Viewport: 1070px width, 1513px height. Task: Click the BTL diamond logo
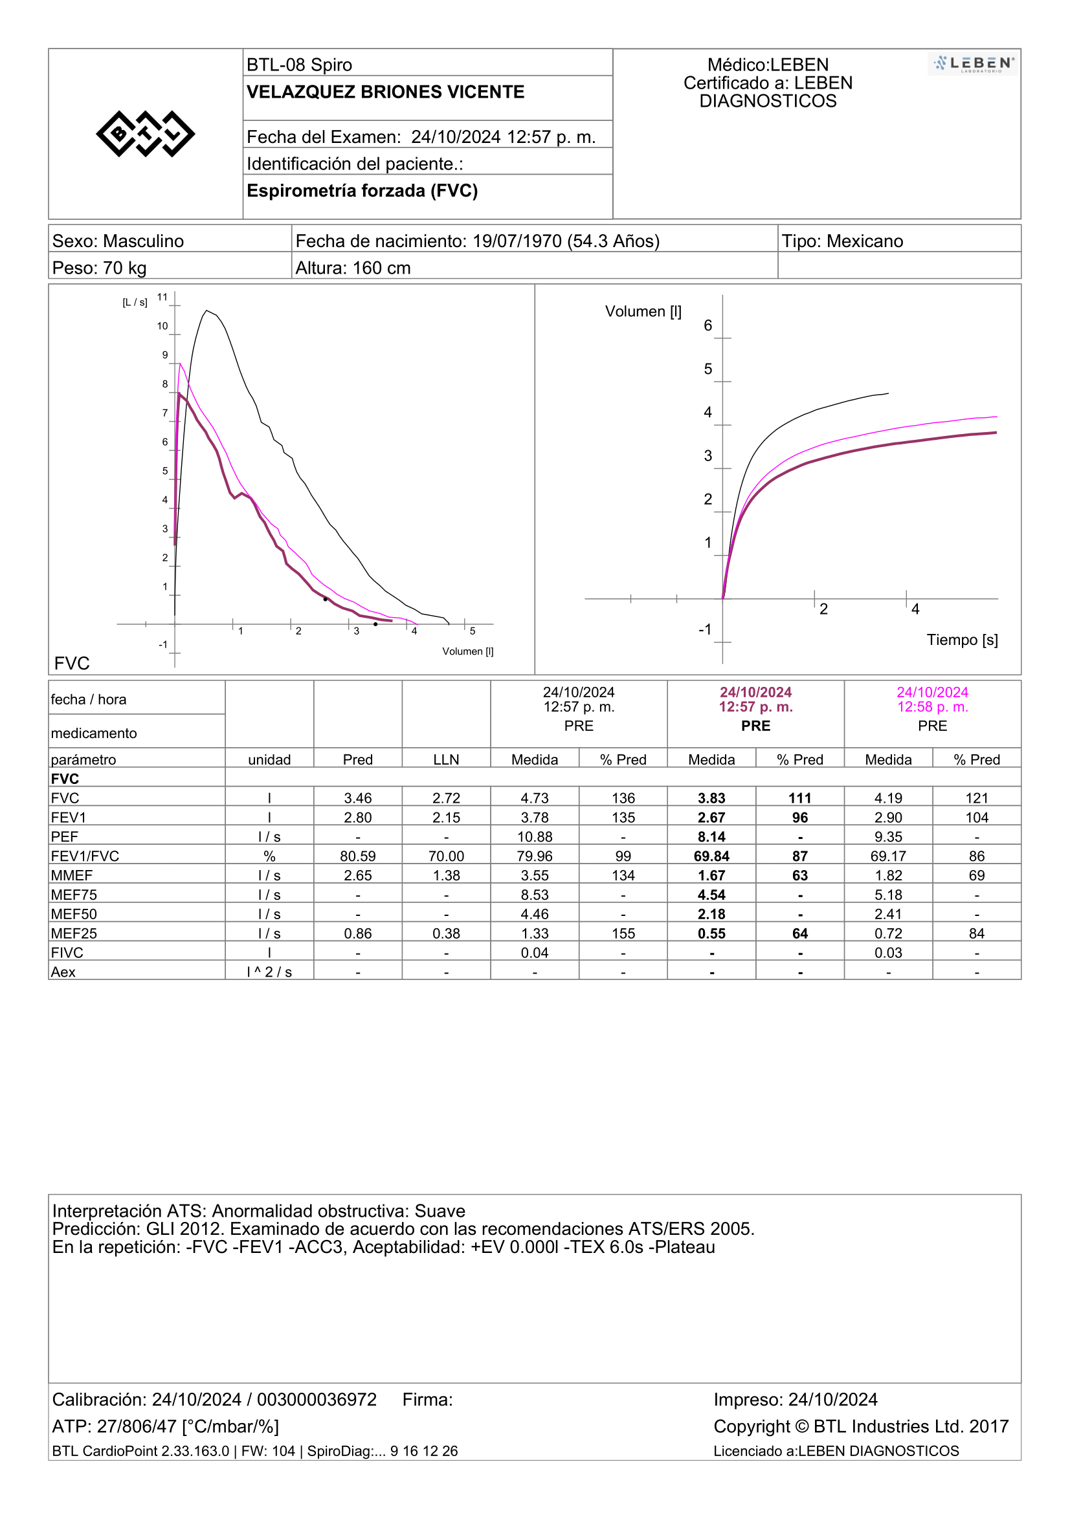[x=145, y=134]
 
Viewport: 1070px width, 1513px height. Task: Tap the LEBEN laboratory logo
[x=973, y=64]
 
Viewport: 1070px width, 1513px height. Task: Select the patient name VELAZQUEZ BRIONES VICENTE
[x=386, y=93]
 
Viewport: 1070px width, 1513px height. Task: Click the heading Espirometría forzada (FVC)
[x=362, y=191]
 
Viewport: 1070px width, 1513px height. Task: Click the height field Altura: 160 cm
[x=353, y=268]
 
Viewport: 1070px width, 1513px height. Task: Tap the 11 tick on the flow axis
[x=162, y=297]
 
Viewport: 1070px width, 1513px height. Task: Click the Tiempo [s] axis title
[x=962, y=640]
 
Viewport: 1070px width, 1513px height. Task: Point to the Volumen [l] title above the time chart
[x=643, y=312]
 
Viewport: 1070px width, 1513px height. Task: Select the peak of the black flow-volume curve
[x=206, y=310]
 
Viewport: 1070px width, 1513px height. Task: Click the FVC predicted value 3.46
[x=358, y=798]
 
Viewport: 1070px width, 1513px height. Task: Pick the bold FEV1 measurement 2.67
[x=712, y=818]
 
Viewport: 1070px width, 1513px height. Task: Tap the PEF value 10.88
[x=535, y=837]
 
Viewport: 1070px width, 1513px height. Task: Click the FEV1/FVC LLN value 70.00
[x=447, y=856]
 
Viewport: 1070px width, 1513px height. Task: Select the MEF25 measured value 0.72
[x=889, y=934]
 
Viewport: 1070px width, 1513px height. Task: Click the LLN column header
[x=447, y=760]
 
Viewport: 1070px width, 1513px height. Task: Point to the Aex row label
[x=63, y=972]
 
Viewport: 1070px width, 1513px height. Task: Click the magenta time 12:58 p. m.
[x=933, y=707]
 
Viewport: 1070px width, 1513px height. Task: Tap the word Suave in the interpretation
[x=440, y=1211]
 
